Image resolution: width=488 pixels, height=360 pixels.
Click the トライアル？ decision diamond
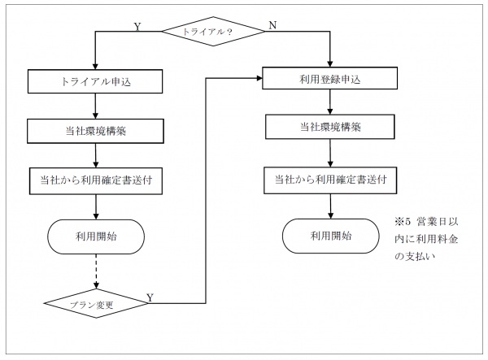[x=213, y=31]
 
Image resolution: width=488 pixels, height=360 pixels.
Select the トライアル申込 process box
[x=96, y=81]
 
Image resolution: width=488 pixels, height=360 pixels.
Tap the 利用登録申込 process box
[x=329, y=79]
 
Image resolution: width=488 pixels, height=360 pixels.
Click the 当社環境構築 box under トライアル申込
[x=96, y=130]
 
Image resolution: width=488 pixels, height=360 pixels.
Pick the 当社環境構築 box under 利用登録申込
[x=329, y=128]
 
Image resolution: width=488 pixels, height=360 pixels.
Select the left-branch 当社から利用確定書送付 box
[x=96, y=179]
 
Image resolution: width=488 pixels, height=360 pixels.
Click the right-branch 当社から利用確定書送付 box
[x=329, y=178]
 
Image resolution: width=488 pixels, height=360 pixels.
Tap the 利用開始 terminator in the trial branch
[x=96, y=236]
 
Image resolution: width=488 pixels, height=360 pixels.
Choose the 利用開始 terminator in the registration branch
[x=330, y=236]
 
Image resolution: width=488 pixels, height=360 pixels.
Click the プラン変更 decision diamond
[x=96, y=304]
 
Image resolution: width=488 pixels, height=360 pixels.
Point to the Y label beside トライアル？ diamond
[x=137, y=26]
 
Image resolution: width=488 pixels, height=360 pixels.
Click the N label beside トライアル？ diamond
[x=272, y=26]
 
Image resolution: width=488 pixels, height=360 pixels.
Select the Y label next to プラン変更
[x=150, y=297]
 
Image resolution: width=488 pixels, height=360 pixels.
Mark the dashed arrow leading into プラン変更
[x=96, y=272]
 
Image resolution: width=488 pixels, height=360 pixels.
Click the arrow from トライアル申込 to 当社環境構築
[x=96, y=106]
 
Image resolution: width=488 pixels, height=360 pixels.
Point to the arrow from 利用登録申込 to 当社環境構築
[x=329, y=102]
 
